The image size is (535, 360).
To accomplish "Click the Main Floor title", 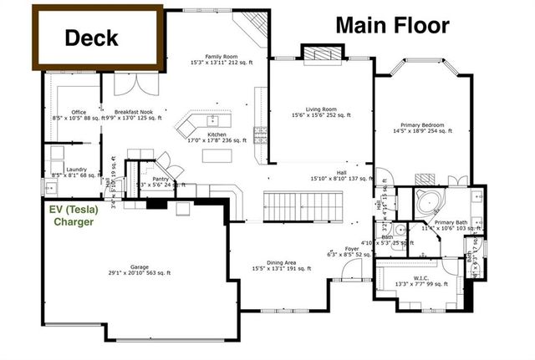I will point(392,25).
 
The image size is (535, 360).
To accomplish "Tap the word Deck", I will point(91,38).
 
